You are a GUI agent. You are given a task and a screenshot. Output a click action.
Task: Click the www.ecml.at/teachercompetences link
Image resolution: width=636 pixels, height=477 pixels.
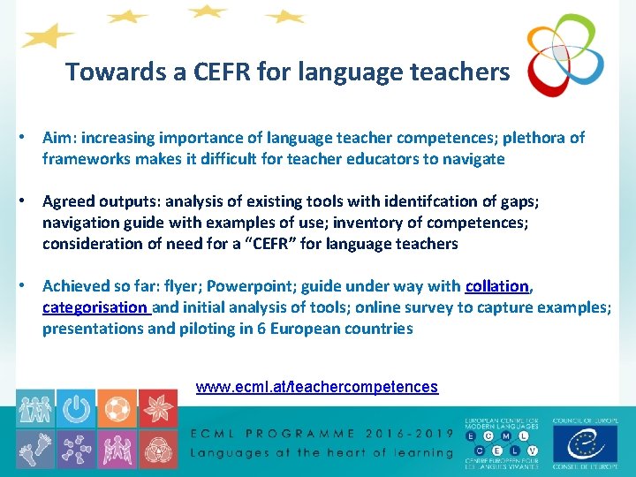pyautogui.click(x=316, y=387)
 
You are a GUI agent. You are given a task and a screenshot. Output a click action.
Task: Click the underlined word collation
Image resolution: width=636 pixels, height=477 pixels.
pyautogui.click(x=497, y=286)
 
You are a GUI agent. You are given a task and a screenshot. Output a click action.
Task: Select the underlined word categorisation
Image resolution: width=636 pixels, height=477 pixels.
pyautogui.click(x=95, y=307)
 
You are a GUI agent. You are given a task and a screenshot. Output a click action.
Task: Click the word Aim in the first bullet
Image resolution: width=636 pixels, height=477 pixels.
pyautogui.click(x=57, y=138)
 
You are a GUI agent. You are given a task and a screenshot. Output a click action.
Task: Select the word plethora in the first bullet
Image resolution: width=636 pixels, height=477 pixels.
pyautogui.click(x=534, y=138)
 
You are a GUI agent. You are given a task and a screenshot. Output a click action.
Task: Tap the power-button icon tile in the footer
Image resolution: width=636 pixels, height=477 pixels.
pyautogui.click(x=77, y=408)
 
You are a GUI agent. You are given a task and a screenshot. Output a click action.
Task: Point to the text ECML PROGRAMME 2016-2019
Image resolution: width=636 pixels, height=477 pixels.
pyautogui.click(x=322, y=434)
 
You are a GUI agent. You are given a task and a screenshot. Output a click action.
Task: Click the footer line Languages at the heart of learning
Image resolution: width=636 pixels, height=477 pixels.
pyautogui.click(x=322, y=453)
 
